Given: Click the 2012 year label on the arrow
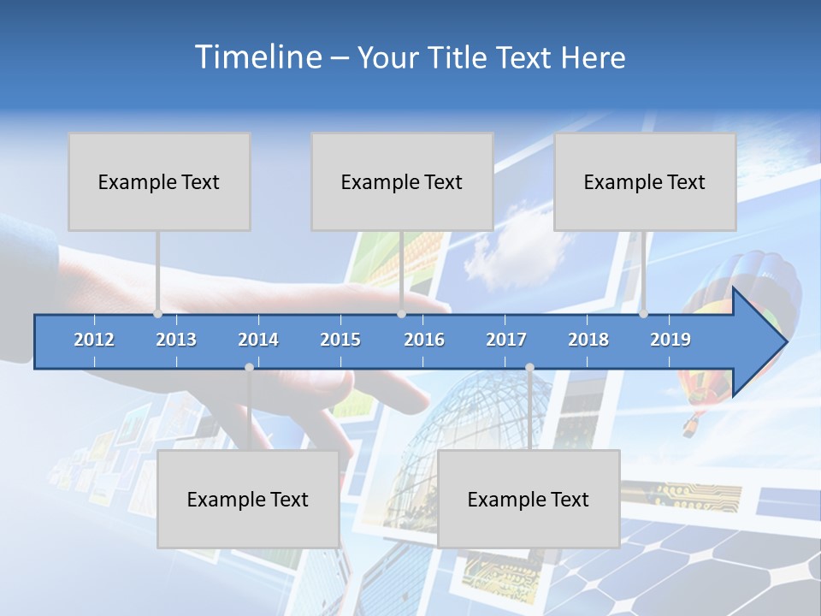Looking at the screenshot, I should click(x=94, y=340).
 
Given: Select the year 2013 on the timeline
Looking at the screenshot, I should click(x=176, y=340).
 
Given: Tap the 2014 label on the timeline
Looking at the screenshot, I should click(x=258, y=340).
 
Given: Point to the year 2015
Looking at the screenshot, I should click(x=340, y=340).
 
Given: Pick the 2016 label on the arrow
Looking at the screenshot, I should click(x=424, y=340).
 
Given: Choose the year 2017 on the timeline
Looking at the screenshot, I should click(x=506, y=340).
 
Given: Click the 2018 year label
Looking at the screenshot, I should click(x=588, y=340).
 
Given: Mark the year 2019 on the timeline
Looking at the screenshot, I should click(x=670, y=340).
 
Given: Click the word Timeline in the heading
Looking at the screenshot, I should click(x=257, y=57).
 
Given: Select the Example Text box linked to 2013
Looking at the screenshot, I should click(x=159, y=181).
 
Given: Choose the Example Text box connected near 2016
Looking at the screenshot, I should click(x=402, y=181).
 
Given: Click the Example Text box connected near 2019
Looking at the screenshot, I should click(x=645, y=181).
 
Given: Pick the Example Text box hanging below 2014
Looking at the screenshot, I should click(x=248, y=499).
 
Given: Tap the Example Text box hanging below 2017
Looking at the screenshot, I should click(x=529, y=499).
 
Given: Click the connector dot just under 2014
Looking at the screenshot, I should click(x=249, y=367).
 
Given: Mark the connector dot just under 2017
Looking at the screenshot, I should click(x=529, y=367).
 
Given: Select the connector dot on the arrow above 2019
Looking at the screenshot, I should click(x=643, y=314).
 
